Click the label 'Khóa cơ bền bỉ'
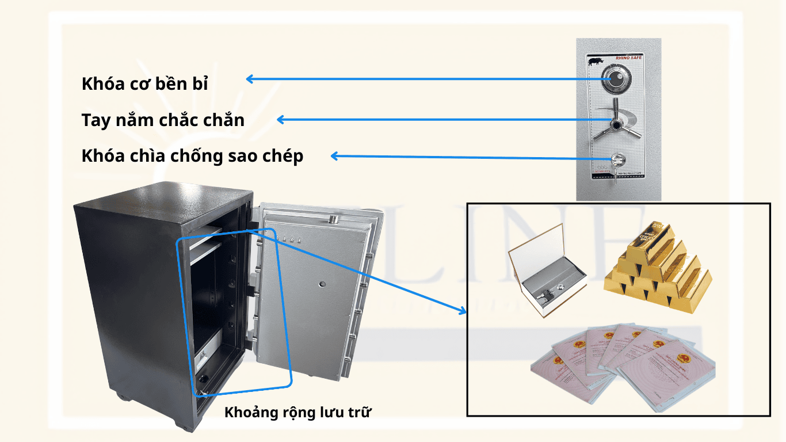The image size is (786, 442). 144,83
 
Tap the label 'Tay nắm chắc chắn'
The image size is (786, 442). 163,120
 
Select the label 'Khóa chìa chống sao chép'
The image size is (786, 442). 192,156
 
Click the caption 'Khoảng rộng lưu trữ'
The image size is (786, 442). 298,412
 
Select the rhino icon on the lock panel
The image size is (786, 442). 595,60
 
